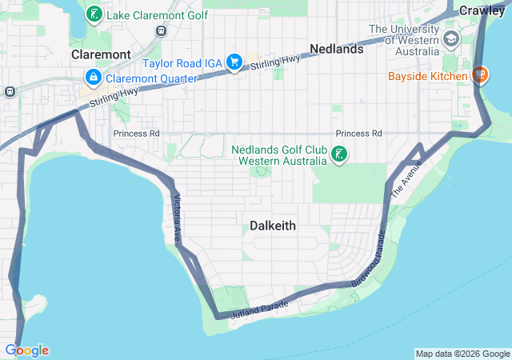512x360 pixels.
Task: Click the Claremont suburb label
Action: click(101, 54)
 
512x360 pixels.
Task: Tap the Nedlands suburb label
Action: click(337, 49)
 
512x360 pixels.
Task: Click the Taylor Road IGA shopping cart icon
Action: click(234, 62)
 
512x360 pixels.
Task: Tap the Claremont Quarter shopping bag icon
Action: click(93, 78)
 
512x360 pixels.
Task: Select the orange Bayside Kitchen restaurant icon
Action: click(479, 76)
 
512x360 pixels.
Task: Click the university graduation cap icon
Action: click(451, 39)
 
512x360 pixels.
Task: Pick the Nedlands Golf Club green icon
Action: click(339, 154)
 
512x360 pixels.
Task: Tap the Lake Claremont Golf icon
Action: click(94, 14)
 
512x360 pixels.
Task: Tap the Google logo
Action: click(26, 350)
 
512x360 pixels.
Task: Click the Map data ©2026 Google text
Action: click(462, 354)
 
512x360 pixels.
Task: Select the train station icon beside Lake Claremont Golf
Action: click(162, 30)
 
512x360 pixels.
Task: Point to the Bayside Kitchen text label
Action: click(427, 77)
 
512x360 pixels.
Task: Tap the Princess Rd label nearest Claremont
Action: click(136, 133)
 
